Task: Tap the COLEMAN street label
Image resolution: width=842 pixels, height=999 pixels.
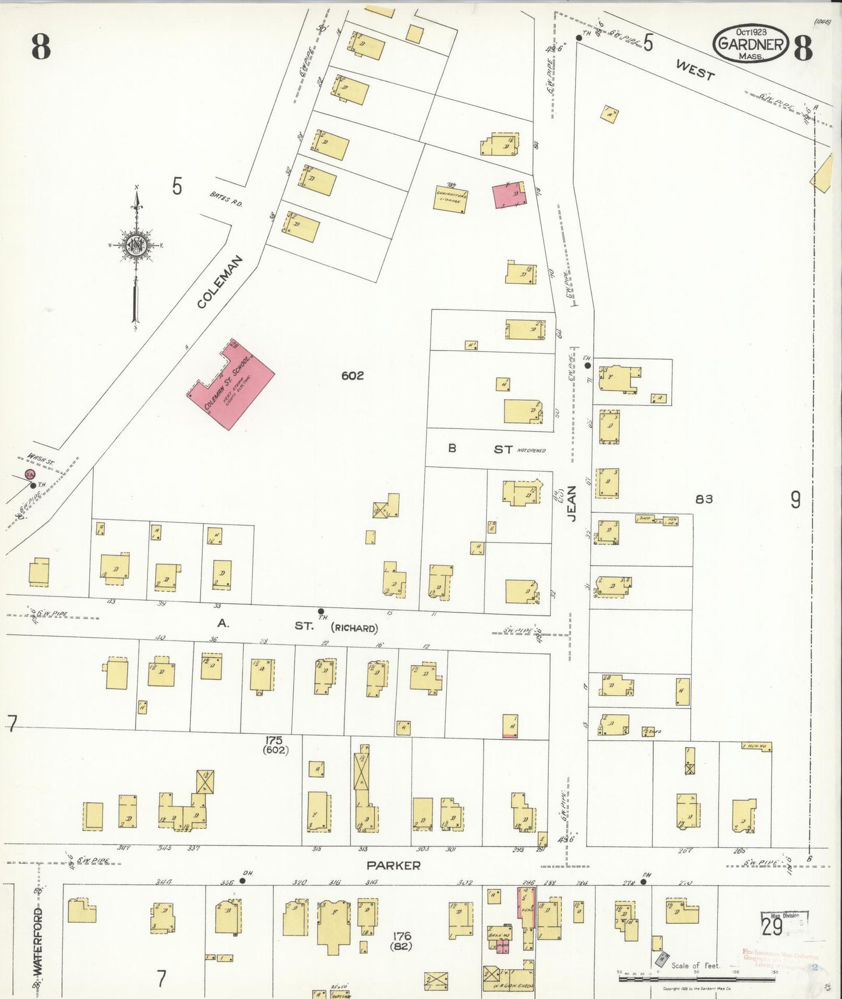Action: tap(219, 282)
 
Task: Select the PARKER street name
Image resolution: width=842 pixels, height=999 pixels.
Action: tap(393, 866)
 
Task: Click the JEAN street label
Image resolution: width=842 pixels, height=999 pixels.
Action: tap(572, 504)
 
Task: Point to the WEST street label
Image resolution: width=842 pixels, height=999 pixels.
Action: tap(695, 69)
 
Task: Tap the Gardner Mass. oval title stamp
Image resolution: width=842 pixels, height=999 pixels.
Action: tap(751, 44)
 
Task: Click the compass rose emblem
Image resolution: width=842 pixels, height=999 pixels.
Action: tap(135, 245)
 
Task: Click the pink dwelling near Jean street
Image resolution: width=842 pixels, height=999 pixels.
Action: tap(508, 195)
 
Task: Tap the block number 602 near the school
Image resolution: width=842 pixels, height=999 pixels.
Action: tap(353, 376)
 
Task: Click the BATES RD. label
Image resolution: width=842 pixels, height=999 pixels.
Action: tap(226, 200)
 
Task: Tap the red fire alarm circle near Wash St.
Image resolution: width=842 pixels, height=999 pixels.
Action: tap(29, 475)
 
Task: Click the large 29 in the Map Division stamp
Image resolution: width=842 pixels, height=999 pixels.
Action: tap(772, 926)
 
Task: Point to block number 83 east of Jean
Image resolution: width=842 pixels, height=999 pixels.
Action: tap(704, 499)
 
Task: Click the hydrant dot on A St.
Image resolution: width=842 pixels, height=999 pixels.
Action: tap(320, 611)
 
